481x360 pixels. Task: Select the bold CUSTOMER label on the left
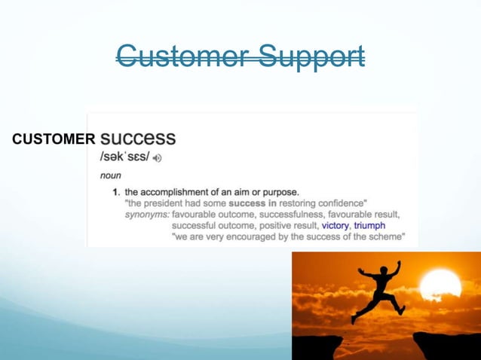[54, 139]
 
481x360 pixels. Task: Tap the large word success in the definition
[138, 139]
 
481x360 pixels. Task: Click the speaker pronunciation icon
[158, 158]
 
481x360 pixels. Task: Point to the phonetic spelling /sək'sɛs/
[125, 157]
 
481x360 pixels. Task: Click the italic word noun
[111, 175]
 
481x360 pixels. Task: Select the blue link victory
[335, 225]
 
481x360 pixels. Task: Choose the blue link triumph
[369, 225]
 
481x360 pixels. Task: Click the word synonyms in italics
[147, 214]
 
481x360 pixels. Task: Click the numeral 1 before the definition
[115, 191]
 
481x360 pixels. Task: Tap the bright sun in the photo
[440, 286]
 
